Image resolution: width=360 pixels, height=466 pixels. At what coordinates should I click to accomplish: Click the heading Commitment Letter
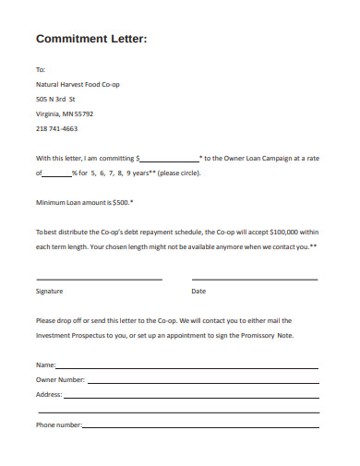tap(90, 39)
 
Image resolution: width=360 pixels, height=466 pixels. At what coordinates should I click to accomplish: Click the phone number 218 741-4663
tap(56, 129)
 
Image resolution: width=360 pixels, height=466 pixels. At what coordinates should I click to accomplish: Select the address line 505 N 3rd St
tap(55, 99)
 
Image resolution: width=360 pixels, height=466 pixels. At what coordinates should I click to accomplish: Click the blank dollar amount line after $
tap(169, 158)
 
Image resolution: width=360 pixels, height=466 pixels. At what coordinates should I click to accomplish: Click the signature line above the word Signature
tap(99, 278)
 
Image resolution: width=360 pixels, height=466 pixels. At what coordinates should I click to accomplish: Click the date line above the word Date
tap(254, 278)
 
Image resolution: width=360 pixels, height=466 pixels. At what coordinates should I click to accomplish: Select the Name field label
tap(45, 365)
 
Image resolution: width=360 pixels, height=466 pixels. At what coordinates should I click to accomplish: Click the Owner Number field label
tap(60, 380)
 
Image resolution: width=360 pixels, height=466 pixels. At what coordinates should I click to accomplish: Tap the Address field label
tap(49, 395)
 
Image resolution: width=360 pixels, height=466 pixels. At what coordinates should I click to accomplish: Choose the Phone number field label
tap(59, 424)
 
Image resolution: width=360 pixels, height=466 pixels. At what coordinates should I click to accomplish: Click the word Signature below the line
tap(49, 291)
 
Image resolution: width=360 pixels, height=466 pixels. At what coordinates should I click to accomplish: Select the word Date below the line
tap(198, 291)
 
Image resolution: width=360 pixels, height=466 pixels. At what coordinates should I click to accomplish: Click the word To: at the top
tap(40, 69)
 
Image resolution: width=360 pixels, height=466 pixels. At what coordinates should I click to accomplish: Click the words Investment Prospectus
tap(71, 336)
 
